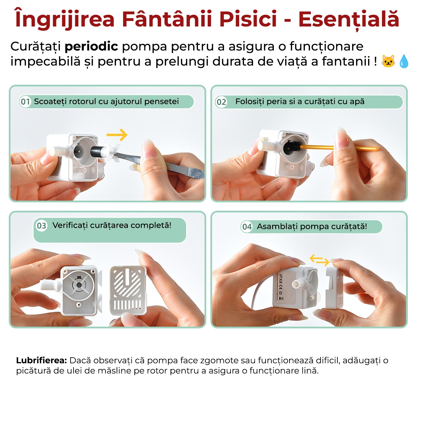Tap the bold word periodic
click(91, 46)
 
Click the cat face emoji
click(388, 61)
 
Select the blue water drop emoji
click(404, 61)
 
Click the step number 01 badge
click(25, 102)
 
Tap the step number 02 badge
click(221, 102)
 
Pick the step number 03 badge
click(41, 226)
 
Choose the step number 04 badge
click(247, 227)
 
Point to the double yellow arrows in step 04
click(319, 260)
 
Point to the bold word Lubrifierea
click(41, 360)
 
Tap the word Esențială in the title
click(348, 19)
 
